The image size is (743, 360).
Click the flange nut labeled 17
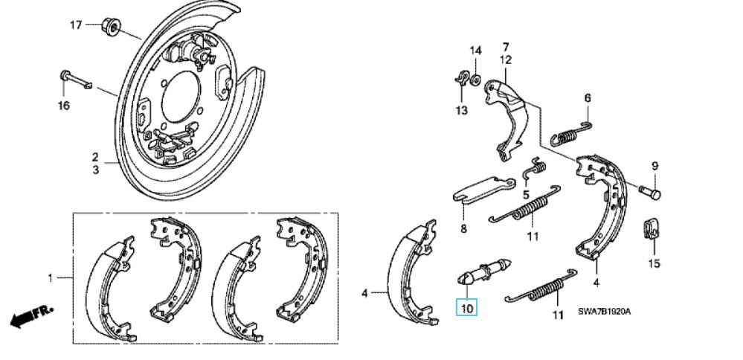[109, 28]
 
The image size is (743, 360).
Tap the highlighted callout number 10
[467, 308]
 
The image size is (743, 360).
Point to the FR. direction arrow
[31, 316]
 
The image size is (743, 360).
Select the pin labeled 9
[649, 193]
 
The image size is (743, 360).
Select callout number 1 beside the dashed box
[51, 278]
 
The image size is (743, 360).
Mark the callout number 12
[506, 60]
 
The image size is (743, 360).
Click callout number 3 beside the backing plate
[95, 170]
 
